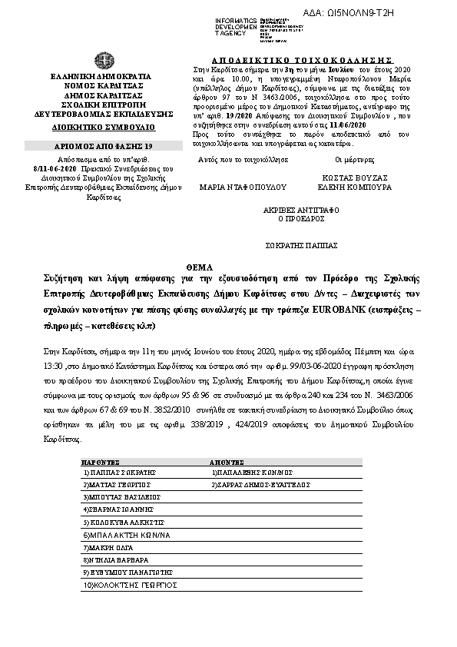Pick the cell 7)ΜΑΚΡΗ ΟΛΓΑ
(107, 549)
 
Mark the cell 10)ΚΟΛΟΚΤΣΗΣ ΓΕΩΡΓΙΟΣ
(123, 586)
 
